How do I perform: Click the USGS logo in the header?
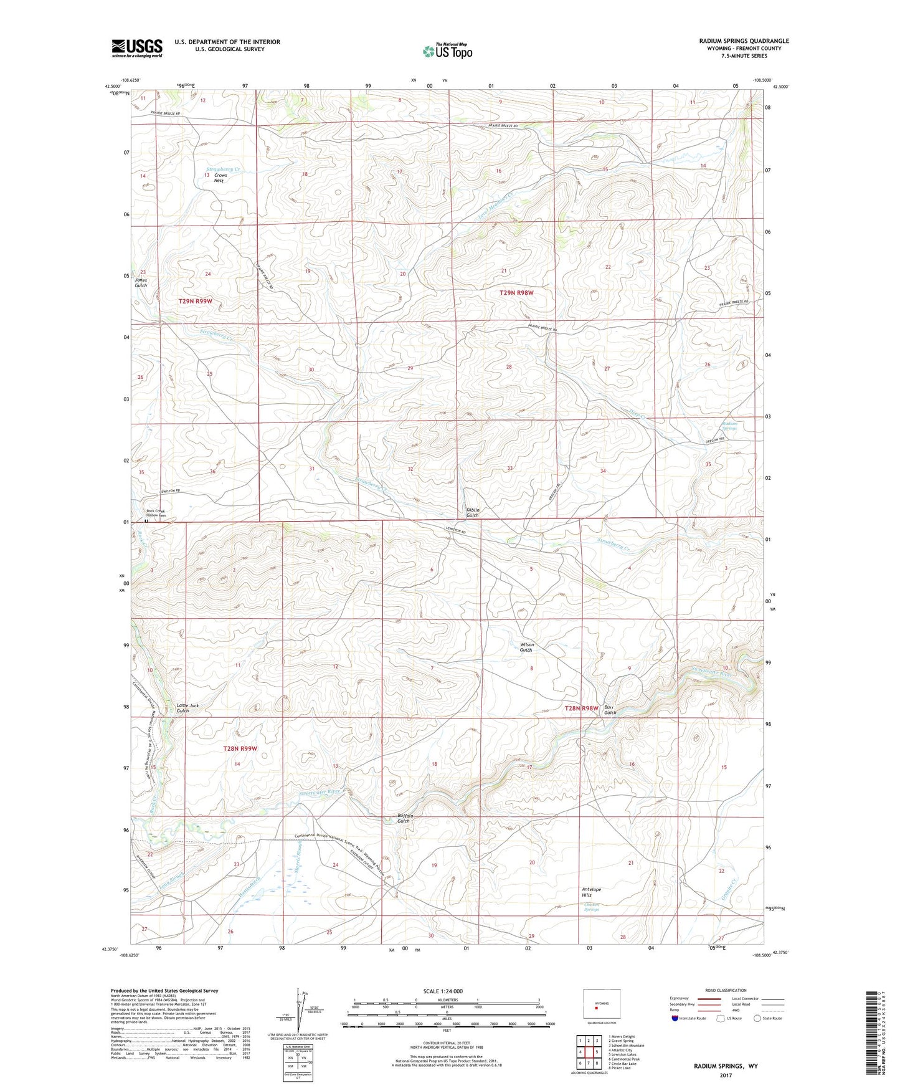136,48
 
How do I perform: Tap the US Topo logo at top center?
447,51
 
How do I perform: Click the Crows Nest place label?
220,178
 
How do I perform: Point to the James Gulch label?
141,282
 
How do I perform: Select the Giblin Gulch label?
473,512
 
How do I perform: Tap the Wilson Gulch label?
526,647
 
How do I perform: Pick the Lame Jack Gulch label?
187,708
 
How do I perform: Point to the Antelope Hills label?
587,892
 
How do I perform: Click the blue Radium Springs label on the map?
729,426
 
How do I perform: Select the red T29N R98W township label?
516,292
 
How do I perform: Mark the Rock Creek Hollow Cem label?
157,513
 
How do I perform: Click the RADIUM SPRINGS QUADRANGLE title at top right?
744,41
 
